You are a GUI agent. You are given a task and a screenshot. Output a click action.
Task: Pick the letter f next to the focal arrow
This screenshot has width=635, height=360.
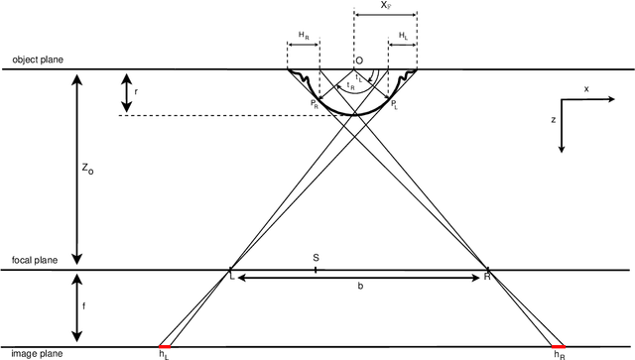83,306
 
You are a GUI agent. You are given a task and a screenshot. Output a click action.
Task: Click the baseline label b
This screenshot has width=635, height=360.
360,287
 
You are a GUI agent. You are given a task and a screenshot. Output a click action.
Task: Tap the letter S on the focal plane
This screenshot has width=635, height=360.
316,256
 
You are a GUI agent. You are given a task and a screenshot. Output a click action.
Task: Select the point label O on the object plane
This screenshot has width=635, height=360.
358,60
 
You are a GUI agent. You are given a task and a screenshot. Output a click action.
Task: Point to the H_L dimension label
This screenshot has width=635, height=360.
403,36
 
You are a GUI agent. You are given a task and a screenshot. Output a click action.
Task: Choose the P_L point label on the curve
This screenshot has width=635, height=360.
395,102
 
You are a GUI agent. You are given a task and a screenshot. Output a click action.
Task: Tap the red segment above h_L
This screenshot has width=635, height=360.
165,346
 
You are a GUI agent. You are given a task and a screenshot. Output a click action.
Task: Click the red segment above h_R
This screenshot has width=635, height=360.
558,346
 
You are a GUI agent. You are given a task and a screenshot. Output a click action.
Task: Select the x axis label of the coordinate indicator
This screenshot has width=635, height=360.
585,88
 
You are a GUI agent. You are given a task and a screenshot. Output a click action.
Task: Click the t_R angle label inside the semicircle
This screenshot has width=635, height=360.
350,86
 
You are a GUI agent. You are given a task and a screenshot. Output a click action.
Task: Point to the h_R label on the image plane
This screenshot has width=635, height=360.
559,354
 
